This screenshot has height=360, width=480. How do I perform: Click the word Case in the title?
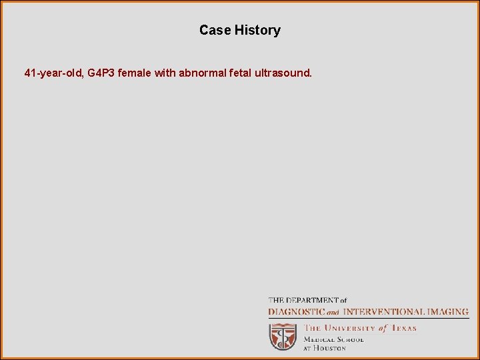click(x=215, y=30)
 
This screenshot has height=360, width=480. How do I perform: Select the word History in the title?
click(x=257, y=30)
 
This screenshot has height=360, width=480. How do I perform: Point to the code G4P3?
click(x=101, y=73)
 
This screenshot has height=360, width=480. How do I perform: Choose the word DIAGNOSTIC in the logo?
click(x=296, y=311)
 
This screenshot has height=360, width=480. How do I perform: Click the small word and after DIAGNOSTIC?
click(x=332, y=312)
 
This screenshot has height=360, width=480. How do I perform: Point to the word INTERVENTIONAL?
click(x=383, y=311)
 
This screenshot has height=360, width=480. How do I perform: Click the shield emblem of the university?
click(x=282, y=337)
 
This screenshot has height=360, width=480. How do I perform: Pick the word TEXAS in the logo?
click(x=403, y=328)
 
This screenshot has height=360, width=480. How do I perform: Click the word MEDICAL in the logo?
click(x=319, y=339)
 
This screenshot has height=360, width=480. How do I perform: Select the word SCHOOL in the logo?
click(x=350, y=339)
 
